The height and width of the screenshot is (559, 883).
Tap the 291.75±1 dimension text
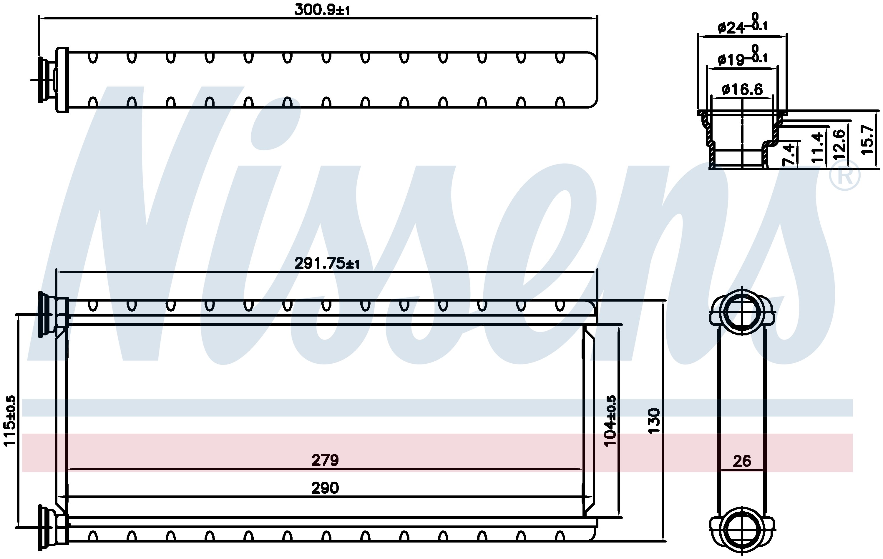coord(327,263)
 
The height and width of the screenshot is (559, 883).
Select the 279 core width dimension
coord(325,460)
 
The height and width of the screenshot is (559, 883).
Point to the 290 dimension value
coord(325,488)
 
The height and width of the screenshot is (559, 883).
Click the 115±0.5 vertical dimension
coord(10,420)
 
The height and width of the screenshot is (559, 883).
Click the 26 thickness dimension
coord(742,461)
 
